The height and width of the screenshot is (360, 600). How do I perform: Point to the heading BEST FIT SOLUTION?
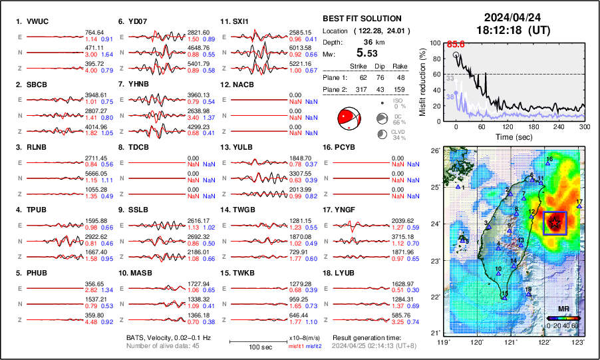361,18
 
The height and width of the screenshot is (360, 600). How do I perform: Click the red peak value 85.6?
455,44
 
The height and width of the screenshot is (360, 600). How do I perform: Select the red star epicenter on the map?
554,223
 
